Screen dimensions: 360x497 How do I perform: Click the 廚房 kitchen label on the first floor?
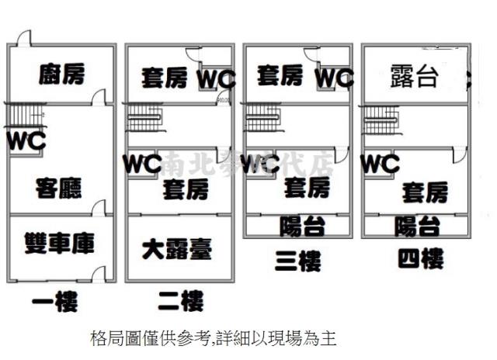click(61, 74)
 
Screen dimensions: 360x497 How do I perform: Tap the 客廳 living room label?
click(58, 187)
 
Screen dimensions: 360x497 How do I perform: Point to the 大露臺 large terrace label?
click(177, 249)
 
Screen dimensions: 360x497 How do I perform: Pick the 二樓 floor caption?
click(180, 300)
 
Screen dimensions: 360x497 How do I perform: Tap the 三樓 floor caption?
click(297, 261)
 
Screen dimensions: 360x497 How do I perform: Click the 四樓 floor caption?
click(420, 258)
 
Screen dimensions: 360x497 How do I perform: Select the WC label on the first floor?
click(26, 141)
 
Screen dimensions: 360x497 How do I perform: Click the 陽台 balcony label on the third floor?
click(301, 226)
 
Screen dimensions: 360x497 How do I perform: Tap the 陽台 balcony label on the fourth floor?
click(417, 226)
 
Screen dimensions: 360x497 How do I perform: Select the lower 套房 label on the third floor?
click(306, 187)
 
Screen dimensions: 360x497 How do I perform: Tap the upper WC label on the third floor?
click(334, 78)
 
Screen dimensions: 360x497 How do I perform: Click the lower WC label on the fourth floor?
click(380, 164)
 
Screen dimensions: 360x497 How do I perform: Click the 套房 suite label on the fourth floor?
click(424, 191)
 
